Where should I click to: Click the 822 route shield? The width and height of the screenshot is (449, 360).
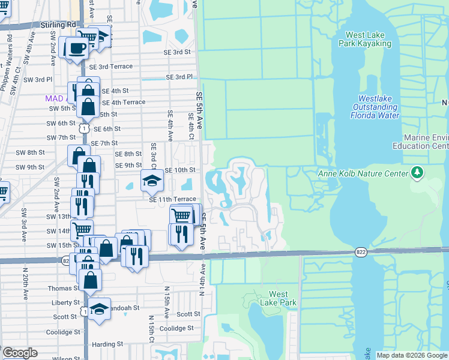pos(360,252)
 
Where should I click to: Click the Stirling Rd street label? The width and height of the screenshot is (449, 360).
pos(59,24)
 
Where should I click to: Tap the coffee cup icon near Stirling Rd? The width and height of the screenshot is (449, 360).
pos(76,49)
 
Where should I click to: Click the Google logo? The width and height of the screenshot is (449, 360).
pos(20,353)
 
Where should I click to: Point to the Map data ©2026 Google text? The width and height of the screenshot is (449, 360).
pos(412,355)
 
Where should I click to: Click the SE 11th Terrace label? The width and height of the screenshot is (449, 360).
pos(172,199)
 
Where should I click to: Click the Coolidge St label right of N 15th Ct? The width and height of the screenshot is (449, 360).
pos(176,328)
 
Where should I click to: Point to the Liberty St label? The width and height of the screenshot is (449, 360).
pos(65,303)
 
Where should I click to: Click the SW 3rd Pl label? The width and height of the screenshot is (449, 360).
pos(38,79)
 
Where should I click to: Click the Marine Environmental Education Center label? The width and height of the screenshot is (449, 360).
pos(420,142)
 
